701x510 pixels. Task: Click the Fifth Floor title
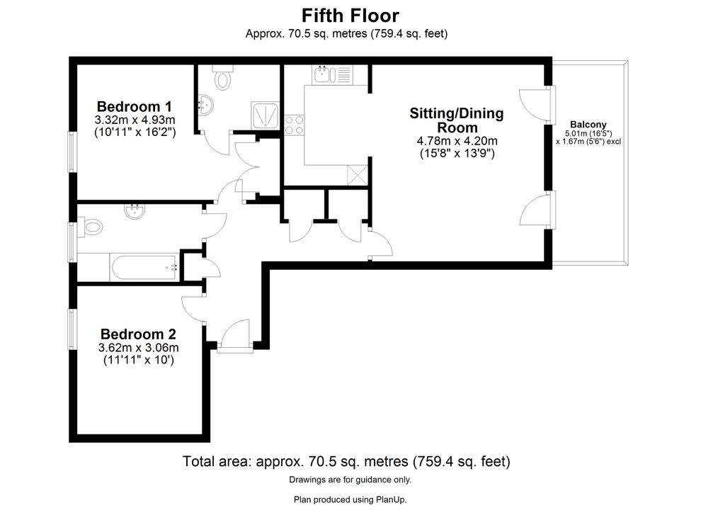350,16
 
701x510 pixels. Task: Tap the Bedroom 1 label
134,106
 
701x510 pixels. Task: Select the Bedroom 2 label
138,334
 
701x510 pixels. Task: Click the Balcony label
588,125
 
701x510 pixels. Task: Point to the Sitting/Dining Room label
457,120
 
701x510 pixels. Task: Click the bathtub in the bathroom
144,268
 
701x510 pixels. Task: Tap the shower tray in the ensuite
266,115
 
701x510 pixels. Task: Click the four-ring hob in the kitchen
294,125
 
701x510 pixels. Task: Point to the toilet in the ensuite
222,77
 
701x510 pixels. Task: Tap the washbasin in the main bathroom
135,211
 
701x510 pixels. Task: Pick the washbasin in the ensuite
205,105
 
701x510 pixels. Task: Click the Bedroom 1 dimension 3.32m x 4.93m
135,120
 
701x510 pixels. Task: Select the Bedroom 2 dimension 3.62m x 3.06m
139,348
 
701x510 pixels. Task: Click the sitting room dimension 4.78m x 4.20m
457,141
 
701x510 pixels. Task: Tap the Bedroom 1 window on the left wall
72,152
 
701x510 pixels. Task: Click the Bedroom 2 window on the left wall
72,329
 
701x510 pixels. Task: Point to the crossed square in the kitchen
358,175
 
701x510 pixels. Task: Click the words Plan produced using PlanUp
350,499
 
